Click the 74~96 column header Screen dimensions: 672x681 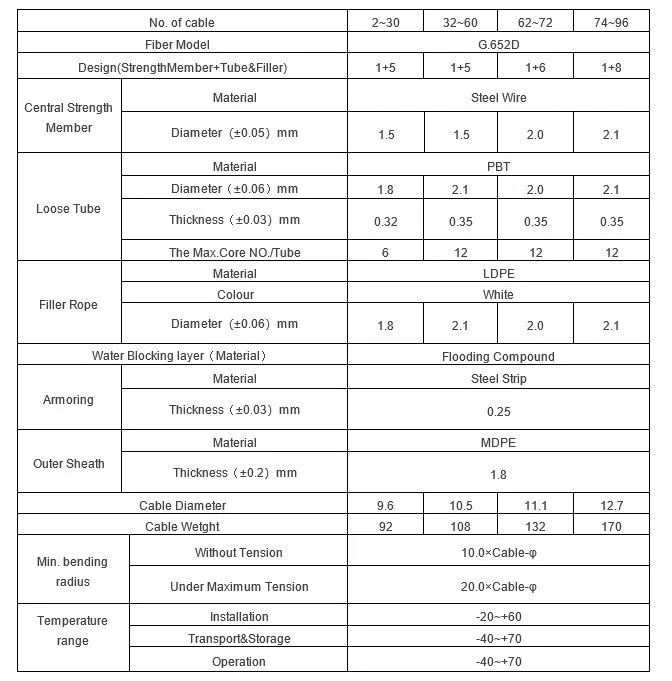pyautogui.click(x=611, y=22)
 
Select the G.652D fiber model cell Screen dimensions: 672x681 pyautogui.click(x=498, y=44)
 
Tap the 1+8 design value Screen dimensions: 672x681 pyautogui.click(x=611, y=67)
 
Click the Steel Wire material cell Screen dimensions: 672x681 pyautogui.click(x=498, y=98)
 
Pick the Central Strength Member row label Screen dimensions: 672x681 pyautogui.click(x=69, y=118)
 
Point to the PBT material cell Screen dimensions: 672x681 pyautogui.click(x=498, y=167)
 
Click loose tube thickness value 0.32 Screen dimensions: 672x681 pyautogui.click(x=385, y=220)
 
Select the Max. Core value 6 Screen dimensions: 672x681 pyautogui.click(x=385, y=253)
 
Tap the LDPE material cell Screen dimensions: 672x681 pyautogui.click(x=498, y=273)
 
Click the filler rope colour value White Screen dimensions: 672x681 pyautogui.click(x=498, y=295)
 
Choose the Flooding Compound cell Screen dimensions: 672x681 pyautogui.click(x=498, y=356)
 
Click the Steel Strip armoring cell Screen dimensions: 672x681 pyautogui.click(x=498, y=379)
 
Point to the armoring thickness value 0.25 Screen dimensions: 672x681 pyautogui.click(x=498, y=410)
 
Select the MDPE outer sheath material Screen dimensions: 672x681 pyautogui.click(x=498, y=443)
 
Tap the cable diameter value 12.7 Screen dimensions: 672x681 pyautogui.click(x=611, y=505)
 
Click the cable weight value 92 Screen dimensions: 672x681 pyautogui.click(x=385, y=526)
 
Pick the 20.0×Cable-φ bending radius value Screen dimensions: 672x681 pyautogui.click(x=498, y=587)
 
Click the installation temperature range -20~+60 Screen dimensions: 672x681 pyautogui.click(x=498, y=617)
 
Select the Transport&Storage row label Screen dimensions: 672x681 pyautogui.click(x=239, y=639)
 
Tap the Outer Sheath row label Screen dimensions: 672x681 pyautogui.click(x=69, y=463)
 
